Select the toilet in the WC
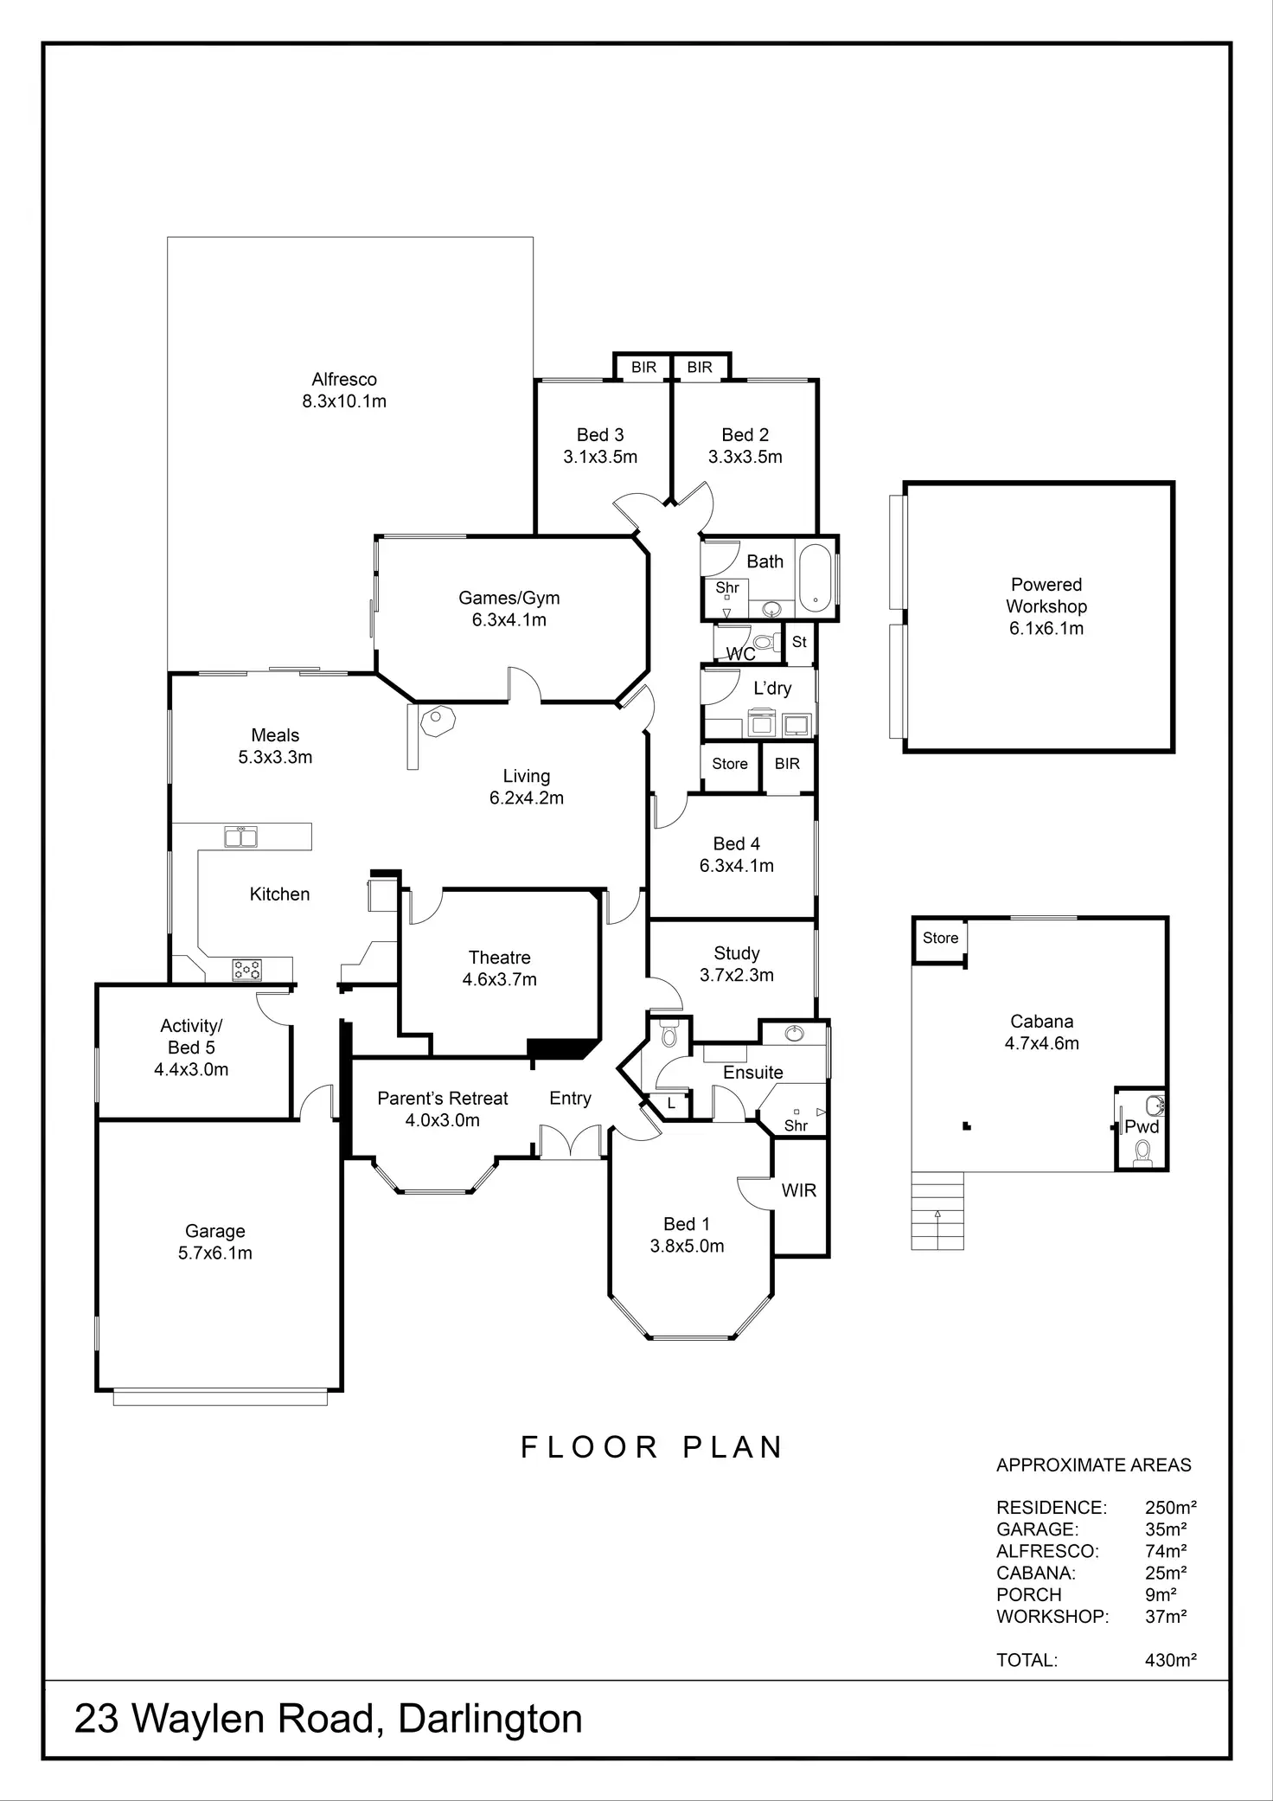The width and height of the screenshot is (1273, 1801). click(763, 643)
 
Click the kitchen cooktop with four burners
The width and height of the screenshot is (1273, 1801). click(246, 970)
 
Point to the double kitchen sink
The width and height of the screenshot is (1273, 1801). click(240, 836)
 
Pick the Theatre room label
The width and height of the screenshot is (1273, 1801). click(499, 958)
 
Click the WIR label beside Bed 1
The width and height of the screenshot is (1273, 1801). click(798, 1190)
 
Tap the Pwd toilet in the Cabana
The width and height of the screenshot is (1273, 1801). click(1142, 1150)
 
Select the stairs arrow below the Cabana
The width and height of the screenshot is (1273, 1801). click(937, 1215)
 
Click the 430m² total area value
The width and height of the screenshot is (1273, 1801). click(1170, 1660)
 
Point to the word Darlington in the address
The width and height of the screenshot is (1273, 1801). click(489, 1719)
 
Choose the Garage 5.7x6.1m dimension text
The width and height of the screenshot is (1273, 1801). click(215, 1253)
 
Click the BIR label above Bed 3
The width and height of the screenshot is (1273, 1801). click(643, 368)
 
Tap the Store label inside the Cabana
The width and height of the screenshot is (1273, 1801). click(940, 938)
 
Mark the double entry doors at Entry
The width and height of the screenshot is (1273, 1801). click(570, 1141)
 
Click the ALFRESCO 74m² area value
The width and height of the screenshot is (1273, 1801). click(1166, 1551)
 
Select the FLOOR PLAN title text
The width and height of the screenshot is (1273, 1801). click(652, 1447)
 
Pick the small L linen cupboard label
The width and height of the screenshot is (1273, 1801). click(671, 1104)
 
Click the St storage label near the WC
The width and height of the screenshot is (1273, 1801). click(799, 642)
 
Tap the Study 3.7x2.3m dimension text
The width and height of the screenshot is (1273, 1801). click(736, 975)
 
